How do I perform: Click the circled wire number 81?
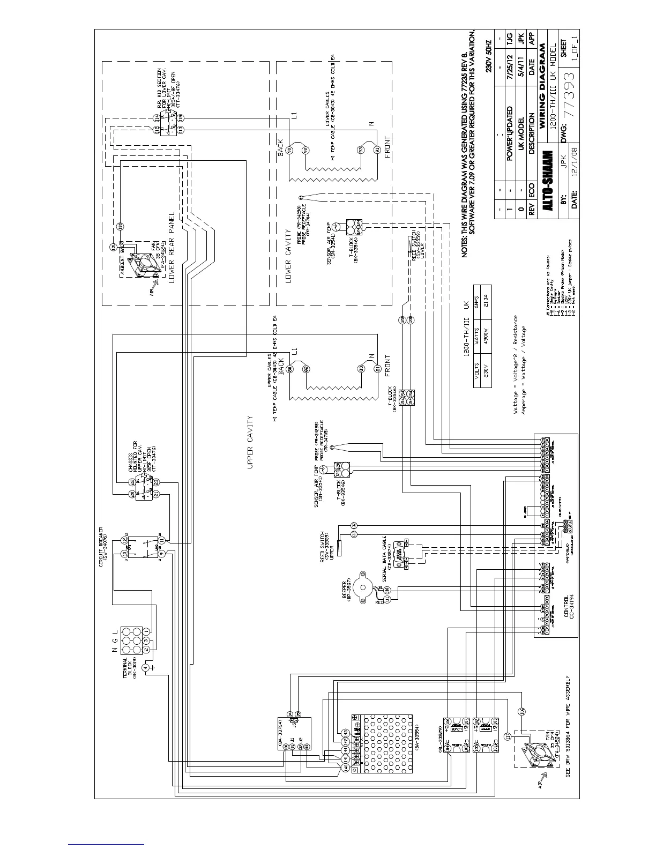tap(377, 369)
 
